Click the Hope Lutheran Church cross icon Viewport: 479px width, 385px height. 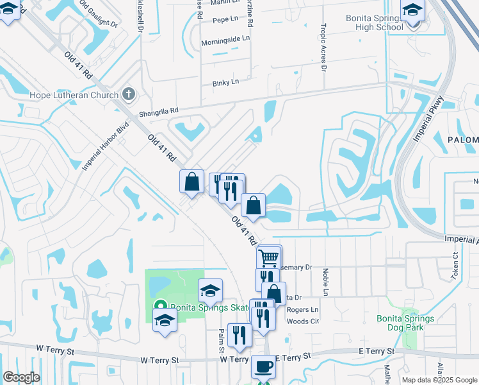(x=128, y=95)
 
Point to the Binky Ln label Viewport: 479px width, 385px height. (x=225, y=82)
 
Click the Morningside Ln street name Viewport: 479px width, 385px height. (x=225, y=38)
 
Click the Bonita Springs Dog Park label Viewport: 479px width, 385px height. (x=405, y=323)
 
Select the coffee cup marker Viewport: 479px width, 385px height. (x=263, y=368)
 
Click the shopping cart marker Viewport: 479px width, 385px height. (x=270, y=258)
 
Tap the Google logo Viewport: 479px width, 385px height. (x=21, y=377)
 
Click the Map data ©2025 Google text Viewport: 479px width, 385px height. (x=439, y=380)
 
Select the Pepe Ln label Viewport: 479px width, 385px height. (x=221, y=21)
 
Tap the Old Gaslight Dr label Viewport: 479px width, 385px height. (x=99, y=14)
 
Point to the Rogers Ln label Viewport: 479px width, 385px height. (x=302, y=309)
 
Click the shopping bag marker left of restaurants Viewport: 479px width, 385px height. (x=191, y=182)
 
